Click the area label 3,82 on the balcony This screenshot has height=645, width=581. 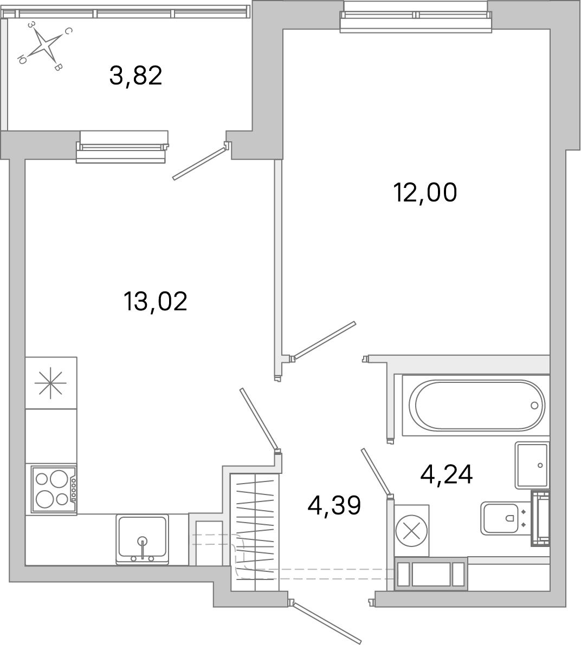coord(135,76)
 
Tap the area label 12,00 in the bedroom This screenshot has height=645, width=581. coord(425,192)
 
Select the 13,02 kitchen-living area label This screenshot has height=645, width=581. coord(155,301)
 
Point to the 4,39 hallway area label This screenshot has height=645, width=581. coord(334,506)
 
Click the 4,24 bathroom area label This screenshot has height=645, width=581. coord(447,474)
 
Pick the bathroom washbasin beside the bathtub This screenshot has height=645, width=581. coord(532,465)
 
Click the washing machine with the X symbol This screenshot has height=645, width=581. coord(411,531)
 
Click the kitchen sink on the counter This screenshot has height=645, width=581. coord(142,539)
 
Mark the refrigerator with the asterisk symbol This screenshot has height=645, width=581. coord(50,383)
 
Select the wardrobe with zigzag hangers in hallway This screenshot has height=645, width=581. coord(254,532)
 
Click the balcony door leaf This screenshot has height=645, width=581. coord(199,161)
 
